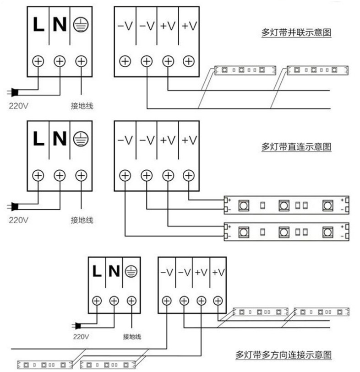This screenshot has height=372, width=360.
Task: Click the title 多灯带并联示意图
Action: coord(296,33)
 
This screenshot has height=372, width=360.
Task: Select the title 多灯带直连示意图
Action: coord(296,147)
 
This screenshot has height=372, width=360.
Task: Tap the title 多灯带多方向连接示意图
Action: coord(284,354)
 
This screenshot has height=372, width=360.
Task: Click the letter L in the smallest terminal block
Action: coord(97,271)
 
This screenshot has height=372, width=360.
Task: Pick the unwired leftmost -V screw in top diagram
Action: coord(125,61)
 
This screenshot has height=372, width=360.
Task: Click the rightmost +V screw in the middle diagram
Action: coord(188,175)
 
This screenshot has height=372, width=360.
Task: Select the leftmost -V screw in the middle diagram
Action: coord(125,175)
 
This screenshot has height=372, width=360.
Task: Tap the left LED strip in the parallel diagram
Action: coord(245,70)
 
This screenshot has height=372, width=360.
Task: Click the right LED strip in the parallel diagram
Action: coord(316,70)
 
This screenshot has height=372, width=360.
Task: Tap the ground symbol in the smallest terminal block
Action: coord(131,271)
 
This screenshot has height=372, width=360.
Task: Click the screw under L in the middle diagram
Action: coord(38,175)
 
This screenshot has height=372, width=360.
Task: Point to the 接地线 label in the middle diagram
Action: coord(82,220)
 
